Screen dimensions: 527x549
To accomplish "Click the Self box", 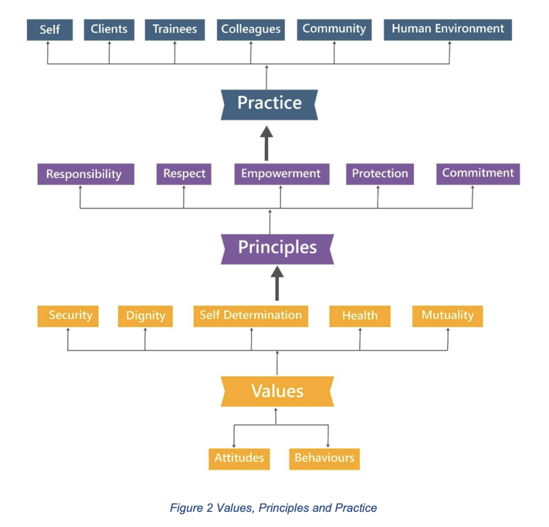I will [49, 30].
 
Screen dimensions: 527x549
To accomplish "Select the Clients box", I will [109, 30].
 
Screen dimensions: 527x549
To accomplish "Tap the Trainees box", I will [175, 30].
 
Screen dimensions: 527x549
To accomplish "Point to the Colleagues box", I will [250, 30].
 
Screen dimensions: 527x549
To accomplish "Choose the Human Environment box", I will [448, 30].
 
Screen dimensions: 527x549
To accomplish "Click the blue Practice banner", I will [269, 103].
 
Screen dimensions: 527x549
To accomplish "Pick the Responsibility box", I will [84, 174].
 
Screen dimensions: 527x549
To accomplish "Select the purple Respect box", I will [184, 174].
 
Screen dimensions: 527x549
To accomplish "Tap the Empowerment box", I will [281, 174].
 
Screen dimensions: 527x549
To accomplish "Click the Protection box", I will [380, 174].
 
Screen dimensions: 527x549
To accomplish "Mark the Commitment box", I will [478, 173].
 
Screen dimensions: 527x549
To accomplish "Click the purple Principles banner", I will [277, 248].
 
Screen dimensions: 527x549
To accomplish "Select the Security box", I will [70, 316].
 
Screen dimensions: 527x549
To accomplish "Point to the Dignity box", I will [145, 316].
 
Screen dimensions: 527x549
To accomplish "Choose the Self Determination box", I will [250, 316].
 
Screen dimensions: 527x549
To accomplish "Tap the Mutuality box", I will [447, 316].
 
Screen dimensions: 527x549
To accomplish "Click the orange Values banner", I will [277, 391].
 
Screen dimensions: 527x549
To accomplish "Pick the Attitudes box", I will [239, 458].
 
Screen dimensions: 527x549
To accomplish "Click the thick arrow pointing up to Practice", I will [266, 143].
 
